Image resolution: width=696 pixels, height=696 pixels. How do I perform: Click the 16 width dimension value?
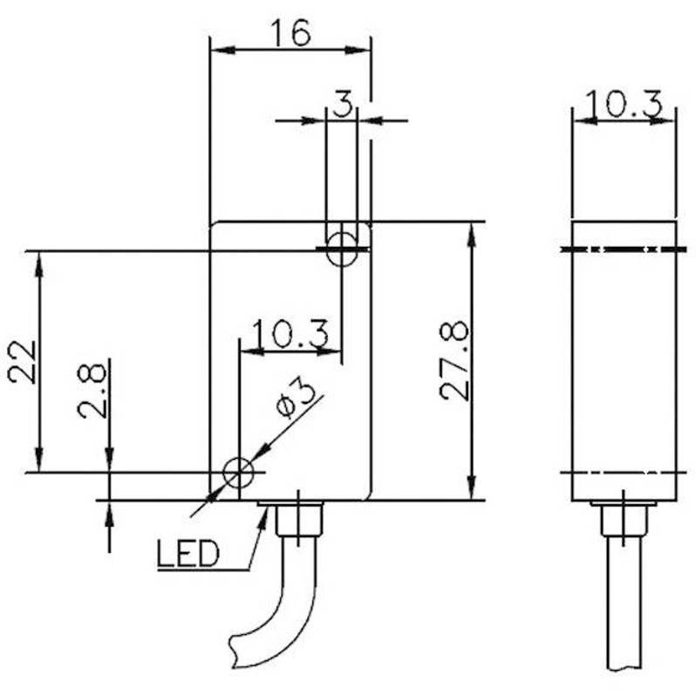(290, 32)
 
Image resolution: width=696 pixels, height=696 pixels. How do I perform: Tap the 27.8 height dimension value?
(454, 361)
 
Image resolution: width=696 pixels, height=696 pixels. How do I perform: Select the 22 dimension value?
(22, 361)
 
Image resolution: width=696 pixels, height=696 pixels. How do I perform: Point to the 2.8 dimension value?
(92, 391)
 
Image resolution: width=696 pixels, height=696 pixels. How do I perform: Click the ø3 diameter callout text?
(296, 399)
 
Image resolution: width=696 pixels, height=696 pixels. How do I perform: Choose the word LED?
(188, 554)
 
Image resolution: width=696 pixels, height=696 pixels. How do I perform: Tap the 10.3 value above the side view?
(624, 105)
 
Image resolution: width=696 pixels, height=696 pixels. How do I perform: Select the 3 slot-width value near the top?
(342, 104)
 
